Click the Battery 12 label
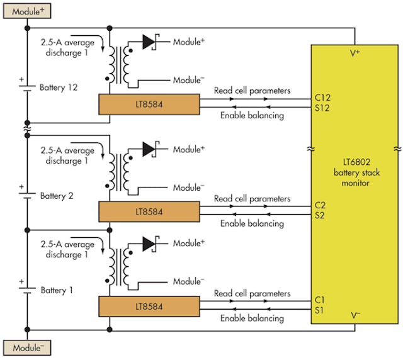tap(59, 87)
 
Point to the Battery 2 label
tap(57, 196)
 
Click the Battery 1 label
tap(57, 290)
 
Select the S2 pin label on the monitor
tap(321, 217)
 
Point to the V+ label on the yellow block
tap(355, 54)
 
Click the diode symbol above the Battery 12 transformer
tap(150, 42)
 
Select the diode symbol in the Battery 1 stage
tap(150, 243)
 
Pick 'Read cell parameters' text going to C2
tap(252, 198)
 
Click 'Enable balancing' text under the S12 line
tap(252, 116)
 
